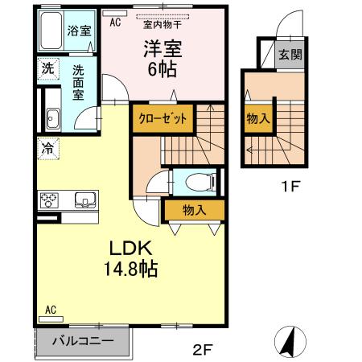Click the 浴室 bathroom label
78,32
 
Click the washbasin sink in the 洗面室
52,120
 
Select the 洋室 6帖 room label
164,59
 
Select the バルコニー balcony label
83,339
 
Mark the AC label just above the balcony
50,310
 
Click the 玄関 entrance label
290,55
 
